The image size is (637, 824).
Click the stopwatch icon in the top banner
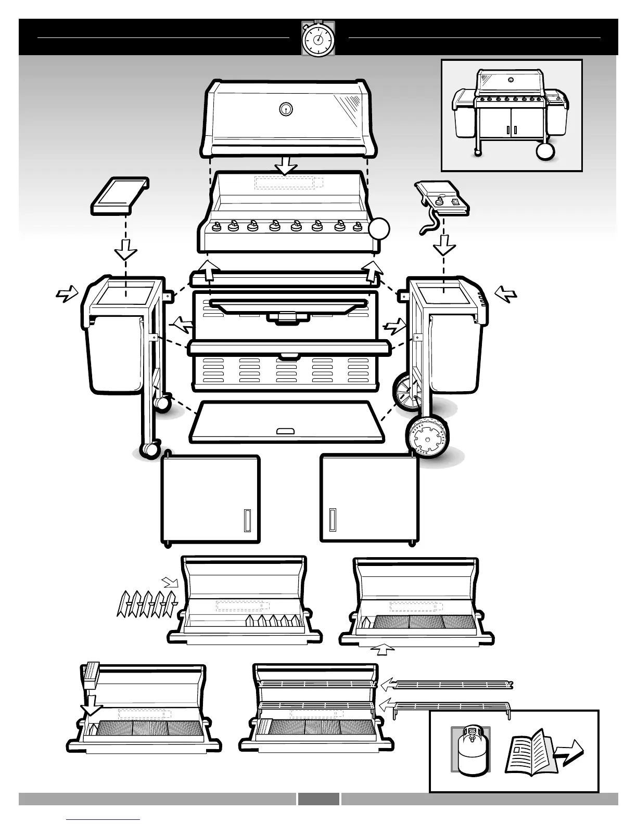pyautogui.click(x=318, y=38)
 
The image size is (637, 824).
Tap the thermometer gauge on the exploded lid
pyautogui.click(x=285, y=109)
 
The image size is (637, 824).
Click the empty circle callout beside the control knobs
pyautogui.click(x=379, y=228)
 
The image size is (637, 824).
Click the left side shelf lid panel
pyautogui.click(x=120, y=196)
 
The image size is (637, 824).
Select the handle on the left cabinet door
pyautogui.click(x=247, y=520)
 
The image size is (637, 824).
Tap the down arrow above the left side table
pyautogui.click(x=125, y=250)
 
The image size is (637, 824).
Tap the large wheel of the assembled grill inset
pyautogui.click(x=544, y=151)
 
